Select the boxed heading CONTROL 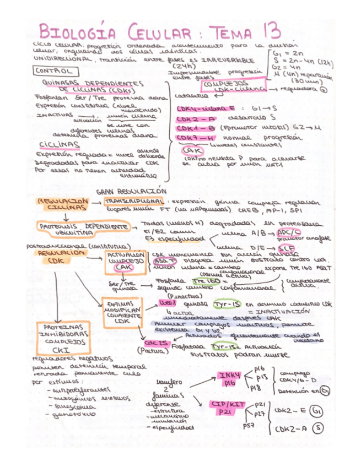click(53, 72)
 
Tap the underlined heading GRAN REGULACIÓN click(131, 191)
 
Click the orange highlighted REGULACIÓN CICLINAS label click(61, 205)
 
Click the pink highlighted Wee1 click(166, 302)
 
